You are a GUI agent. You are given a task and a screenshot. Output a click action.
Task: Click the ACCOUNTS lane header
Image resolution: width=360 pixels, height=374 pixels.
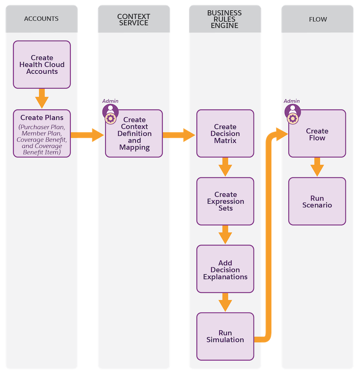pyautogui.click(x=42, y=19)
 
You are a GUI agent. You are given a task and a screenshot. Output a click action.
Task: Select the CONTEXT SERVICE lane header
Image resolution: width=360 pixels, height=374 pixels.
pyautogui.click(x=134, y=19)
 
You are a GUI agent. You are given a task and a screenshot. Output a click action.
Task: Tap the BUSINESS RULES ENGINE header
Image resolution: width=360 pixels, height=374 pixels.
pyautogui.click(x=225, y=19)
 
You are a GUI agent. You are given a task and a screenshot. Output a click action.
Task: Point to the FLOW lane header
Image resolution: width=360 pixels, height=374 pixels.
pyautogui.click(x=317, y=19)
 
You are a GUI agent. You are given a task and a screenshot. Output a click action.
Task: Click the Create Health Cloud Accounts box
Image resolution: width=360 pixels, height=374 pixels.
pyautogui.click(x=42, y=65)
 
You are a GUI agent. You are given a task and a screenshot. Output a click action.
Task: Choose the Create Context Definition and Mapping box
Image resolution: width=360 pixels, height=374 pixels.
pyautogui.click(x=135, y=134)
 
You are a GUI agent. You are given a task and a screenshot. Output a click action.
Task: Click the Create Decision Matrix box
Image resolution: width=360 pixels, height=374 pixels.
pyautogui.click(x=225, y=134)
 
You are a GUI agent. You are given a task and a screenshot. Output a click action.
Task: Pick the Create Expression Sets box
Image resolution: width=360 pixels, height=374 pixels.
pyautogui.click(x=225, y=201)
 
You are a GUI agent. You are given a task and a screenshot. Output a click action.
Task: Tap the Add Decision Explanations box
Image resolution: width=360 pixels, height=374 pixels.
pyautogui.click(x=225, y=270)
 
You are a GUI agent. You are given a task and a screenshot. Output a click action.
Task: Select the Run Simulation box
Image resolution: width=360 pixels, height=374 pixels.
pyautogui.click(x=225, y=336)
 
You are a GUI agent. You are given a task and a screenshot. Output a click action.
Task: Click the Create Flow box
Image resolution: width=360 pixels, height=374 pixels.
pyautogui.click(x=317, y=134)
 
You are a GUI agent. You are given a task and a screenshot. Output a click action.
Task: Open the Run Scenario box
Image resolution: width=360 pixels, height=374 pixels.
pyautogui.click(x=317, y=201)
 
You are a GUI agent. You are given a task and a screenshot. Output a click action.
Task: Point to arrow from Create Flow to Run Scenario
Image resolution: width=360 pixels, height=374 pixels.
pyautogui.click(x=317, y=167)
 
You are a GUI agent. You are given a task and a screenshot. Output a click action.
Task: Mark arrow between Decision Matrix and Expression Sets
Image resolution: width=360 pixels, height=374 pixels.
pyautogui.click(x=225, y=167)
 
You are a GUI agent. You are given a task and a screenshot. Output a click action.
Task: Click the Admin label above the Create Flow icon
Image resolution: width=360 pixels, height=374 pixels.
pyautogui.click(x=292, y=101)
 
